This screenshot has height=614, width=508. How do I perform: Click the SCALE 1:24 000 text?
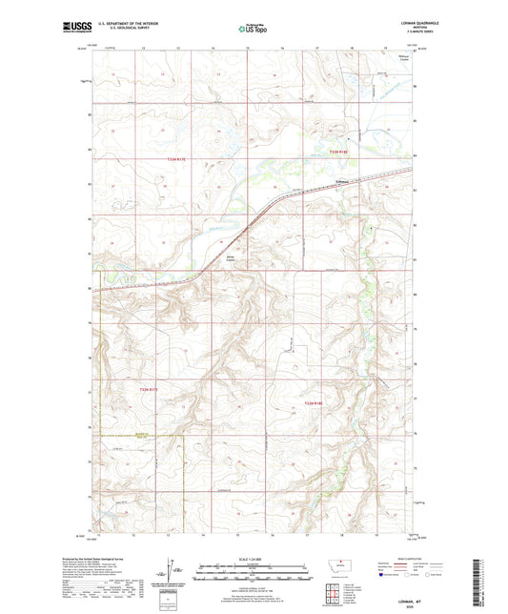(253, 559)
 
